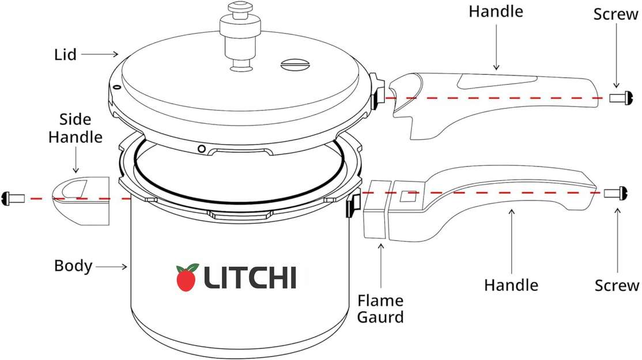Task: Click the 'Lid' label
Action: pos(66,54)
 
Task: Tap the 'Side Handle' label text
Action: pos(75,128)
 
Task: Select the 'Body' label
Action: pos(73,266)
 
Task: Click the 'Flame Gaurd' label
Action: pos(380,309)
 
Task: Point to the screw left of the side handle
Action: pos(13,199)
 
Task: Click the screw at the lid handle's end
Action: pos(621,98)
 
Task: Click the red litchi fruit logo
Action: pos(187,278)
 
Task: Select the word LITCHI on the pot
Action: pos(250,278)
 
